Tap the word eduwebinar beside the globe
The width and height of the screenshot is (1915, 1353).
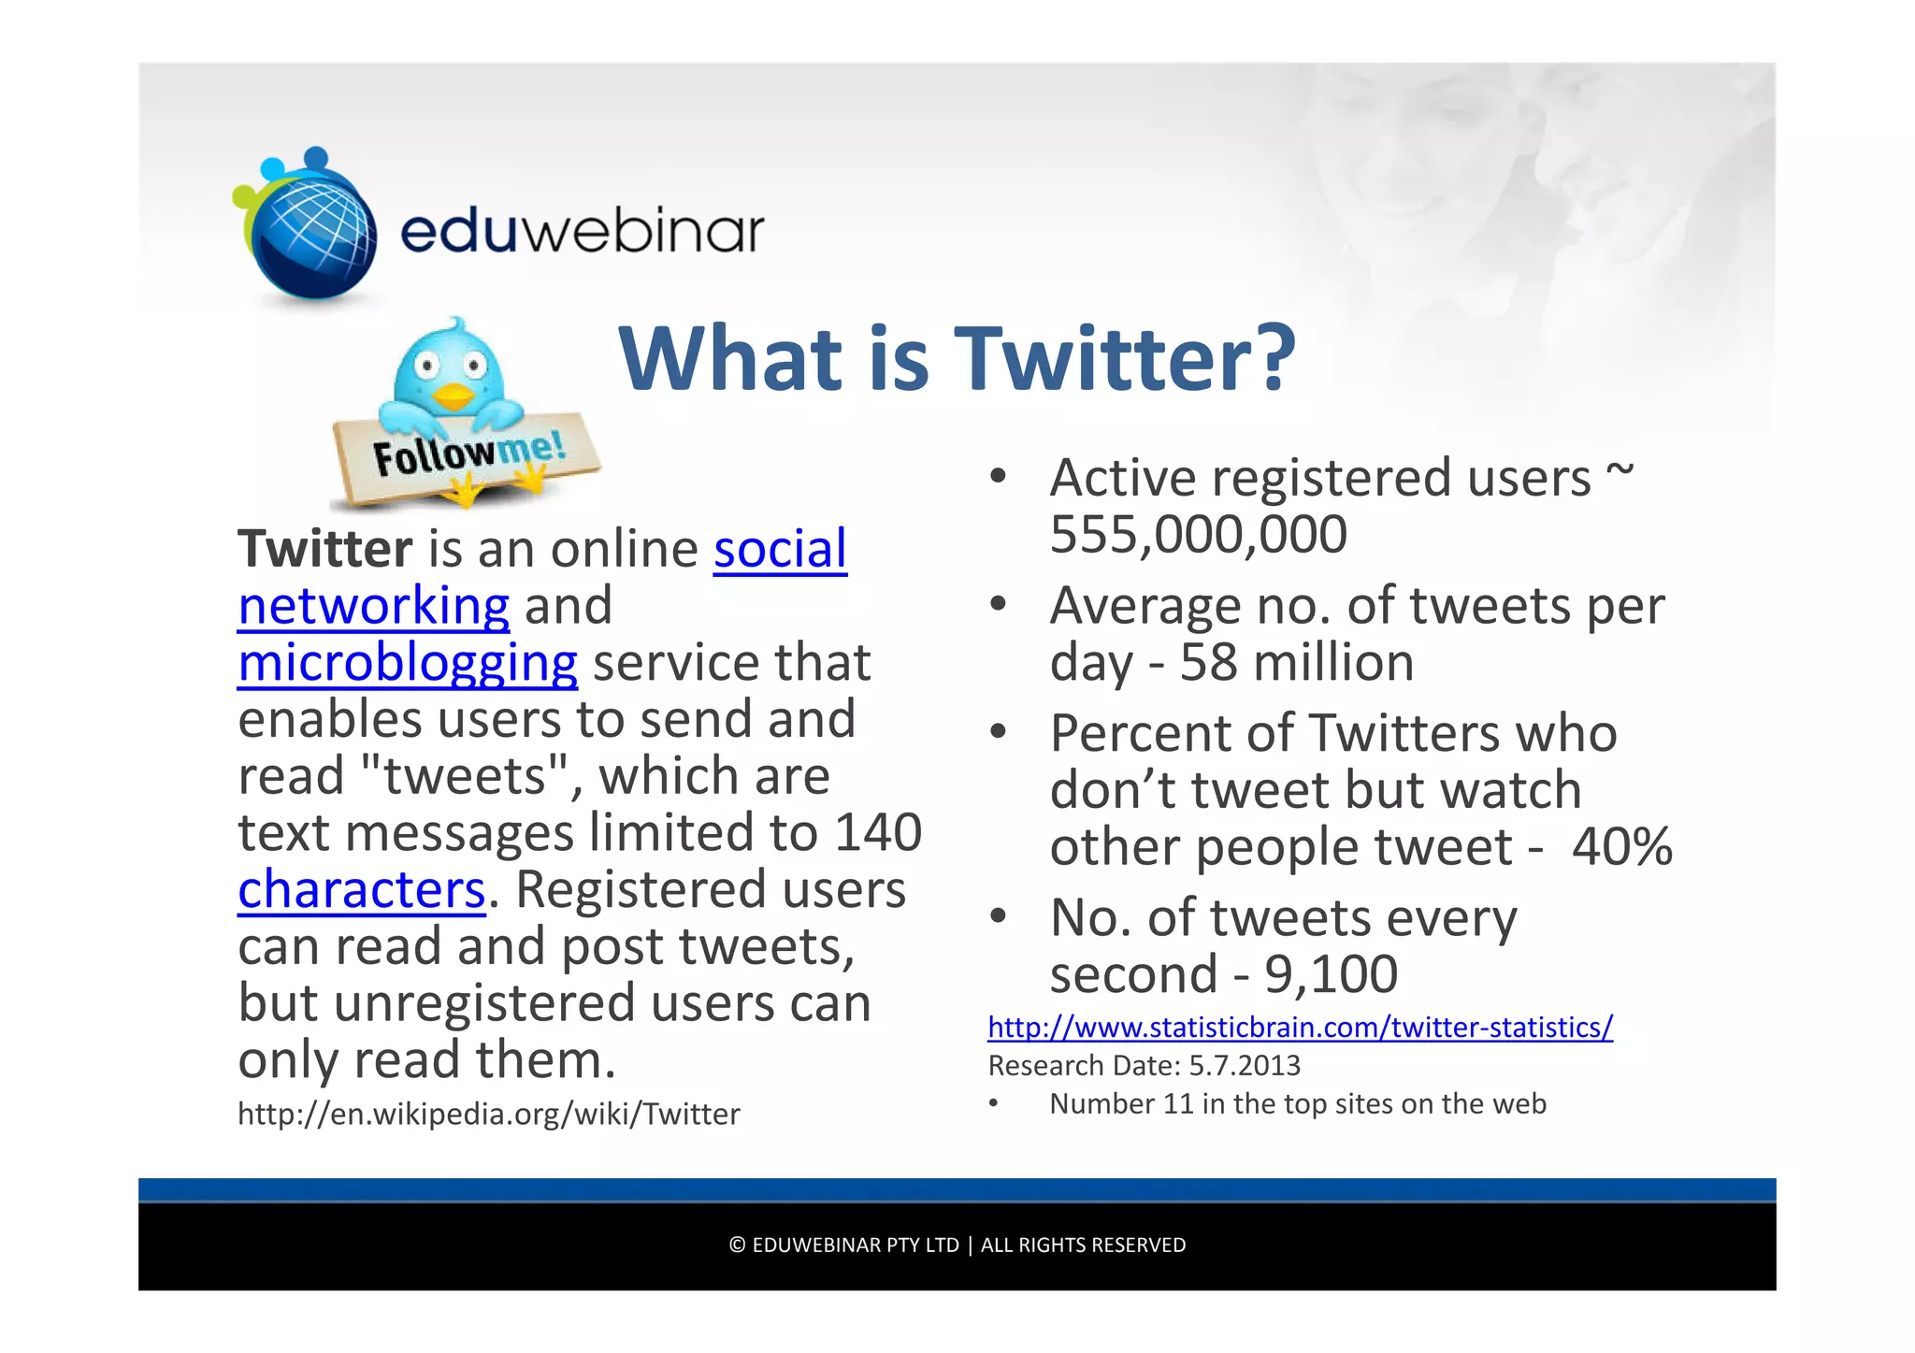(x=582, y=231)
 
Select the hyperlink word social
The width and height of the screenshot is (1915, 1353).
(x=780, y=549)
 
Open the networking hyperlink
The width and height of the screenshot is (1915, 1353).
(x=373, y=606)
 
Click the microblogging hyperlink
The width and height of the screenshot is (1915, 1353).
(x=407, y=663)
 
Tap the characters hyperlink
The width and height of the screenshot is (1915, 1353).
(x=361, y=889)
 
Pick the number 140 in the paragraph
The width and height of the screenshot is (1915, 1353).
(x=878, y=832)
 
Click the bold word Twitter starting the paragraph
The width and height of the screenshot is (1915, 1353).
(x=324, y=549)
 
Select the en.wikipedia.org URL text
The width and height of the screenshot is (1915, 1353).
(x=488, y=1114)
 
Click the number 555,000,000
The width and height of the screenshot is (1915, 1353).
(x=1198, y=535)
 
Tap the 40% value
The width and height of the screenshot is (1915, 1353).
(x=1621, y=847)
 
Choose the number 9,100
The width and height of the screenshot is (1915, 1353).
(x=1331, y=974)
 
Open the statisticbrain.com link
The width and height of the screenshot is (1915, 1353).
(x=1300, y=1028)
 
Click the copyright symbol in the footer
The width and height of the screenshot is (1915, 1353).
(x=737, y=1245)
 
